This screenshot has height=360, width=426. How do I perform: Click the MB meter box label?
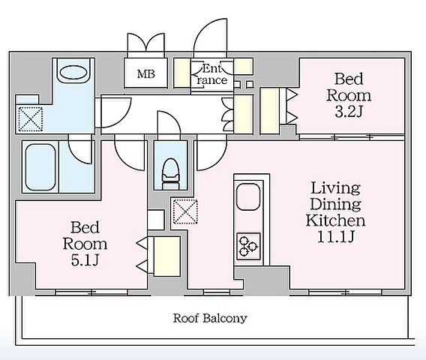(146, 73)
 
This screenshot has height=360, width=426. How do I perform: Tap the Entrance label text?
(212, 74)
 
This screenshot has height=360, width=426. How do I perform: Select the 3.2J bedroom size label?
(349, 112)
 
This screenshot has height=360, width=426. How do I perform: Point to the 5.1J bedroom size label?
(85, 260)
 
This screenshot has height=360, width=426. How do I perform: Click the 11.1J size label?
(335, 237)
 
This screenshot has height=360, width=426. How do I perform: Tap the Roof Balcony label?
(210, 318)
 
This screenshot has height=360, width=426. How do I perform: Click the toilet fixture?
(171, 173)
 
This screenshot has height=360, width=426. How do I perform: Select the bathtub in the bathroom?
(40, 167)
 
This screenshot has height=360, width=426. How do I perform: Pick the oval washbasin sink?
(73, 73)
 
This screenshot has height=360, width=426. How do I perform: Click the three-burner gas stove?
(248, 247)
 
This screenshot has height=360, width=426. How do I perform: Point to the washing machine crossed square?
(31, 119)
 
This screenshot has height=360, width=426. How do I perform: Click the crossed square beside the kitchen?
(185, 211)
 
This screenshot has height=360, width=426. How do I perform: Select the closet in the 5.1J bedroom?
(166, 256)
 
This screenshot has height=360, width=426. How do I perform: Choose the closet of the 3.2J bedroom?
(270, 110)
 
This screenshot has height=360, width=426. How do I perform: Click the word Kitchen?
(335, 220)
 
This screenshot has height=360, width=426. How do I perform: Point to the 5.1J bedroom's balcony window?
(91, 292)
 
